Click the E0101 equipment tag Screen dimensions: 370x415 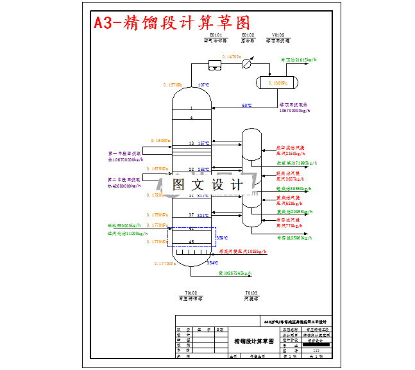(x=216, y=35)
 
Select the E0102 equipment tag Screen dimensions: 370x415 (x=248, y=35)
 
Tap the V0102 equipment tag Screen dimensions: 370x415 (x=278, y=35)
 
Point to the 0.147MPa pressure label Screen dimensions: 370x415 (x=232, y=57)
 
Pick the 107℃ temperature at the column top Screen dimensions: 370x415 (x=203, y=85)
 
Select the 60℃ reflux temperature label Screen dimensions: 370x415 (x=246, y=106)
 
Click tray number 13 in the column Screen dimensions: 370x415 (x=191, y=143)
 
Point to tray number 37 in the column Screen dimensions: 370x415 (x=191, y=214)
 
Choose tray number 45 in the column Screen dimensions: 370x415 (x=191, y=241)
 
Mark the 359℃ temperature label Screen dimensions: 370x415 (x=222, y=237)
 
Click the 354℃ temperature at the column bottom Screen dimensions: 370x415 (x=212, y=262)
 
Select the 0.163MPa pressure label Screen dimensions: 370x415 (x=160, y=140)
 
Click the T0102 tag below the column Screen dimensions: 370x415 (x=191, y=292)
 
